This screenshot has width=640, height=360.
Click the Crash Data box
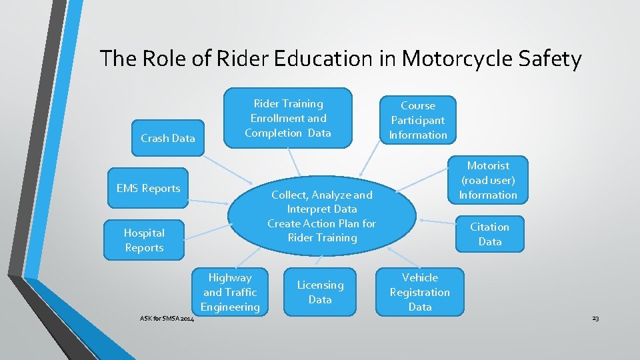coord(167,139)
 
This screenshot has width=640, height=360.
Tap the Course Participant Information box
coord(418,120)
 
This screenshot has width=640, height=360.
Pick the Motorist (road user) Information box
coord(488,180)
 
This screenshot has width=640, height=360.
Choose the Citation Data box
coord(489,234)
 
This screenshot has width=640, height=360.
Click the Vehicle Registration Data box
coord(419,292)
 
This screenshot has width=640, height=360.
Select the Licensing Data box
coord(320,292)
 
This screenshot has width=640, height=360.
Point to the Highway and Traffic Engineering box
coord(230,292)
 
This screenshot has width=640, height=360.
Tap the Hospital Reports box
coord(144,240)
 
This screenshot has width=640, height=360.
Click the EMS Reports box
coord(148,189)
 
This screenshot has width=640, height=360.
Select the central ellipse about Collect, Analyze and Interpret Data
coord(321,216)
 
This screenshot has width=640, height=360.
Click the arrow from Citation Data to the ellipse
coord(435,222)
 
